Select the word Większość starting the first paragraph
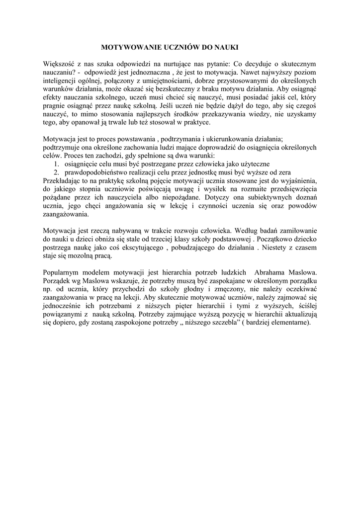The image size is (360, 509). [x=59, y=64]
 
